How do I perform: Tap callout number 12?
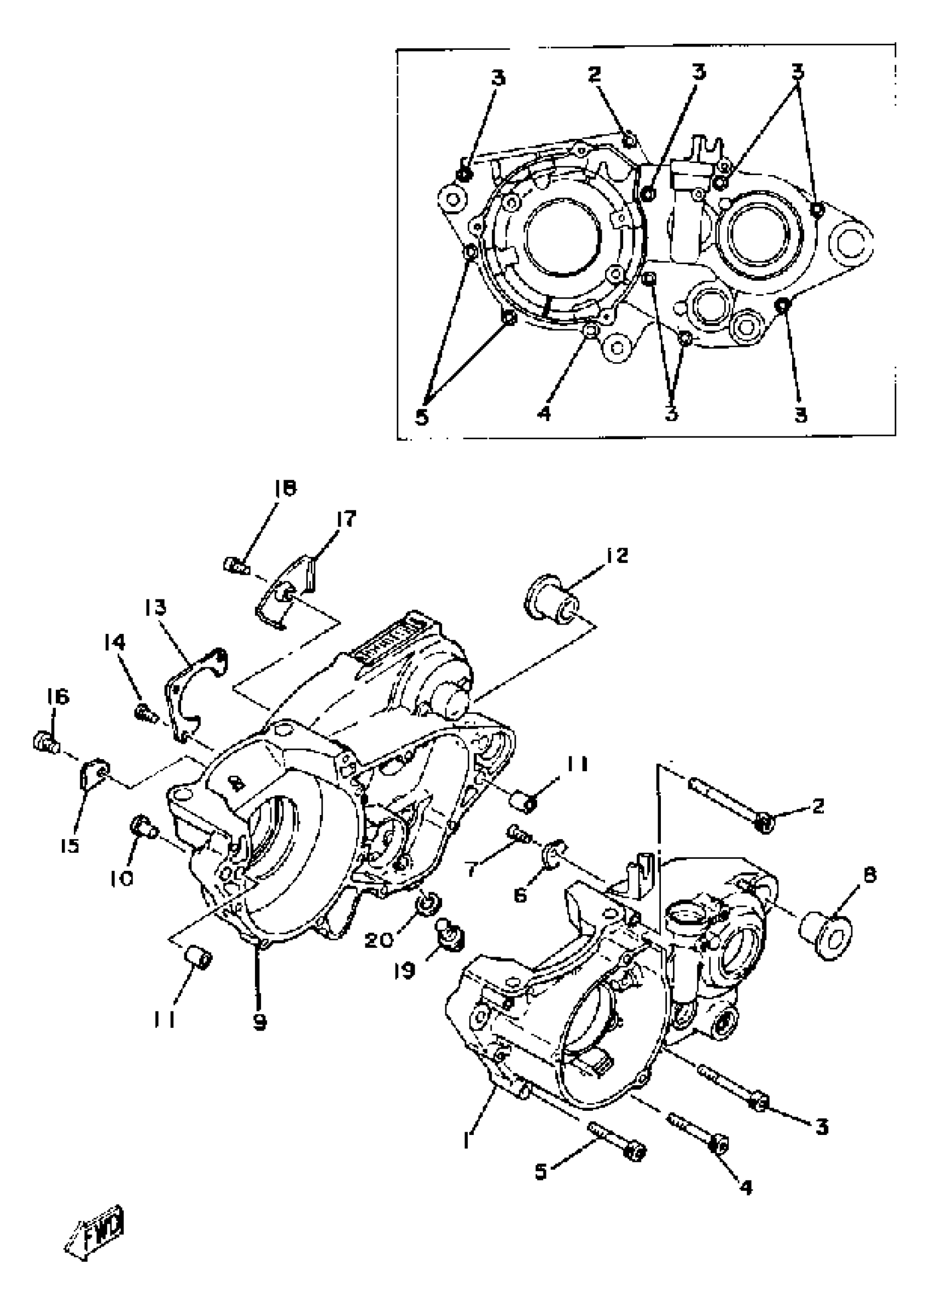pos(614,555)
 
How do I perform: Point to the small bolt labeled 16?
pos(45,742)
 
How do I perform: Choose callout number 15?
pos(70,846)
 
